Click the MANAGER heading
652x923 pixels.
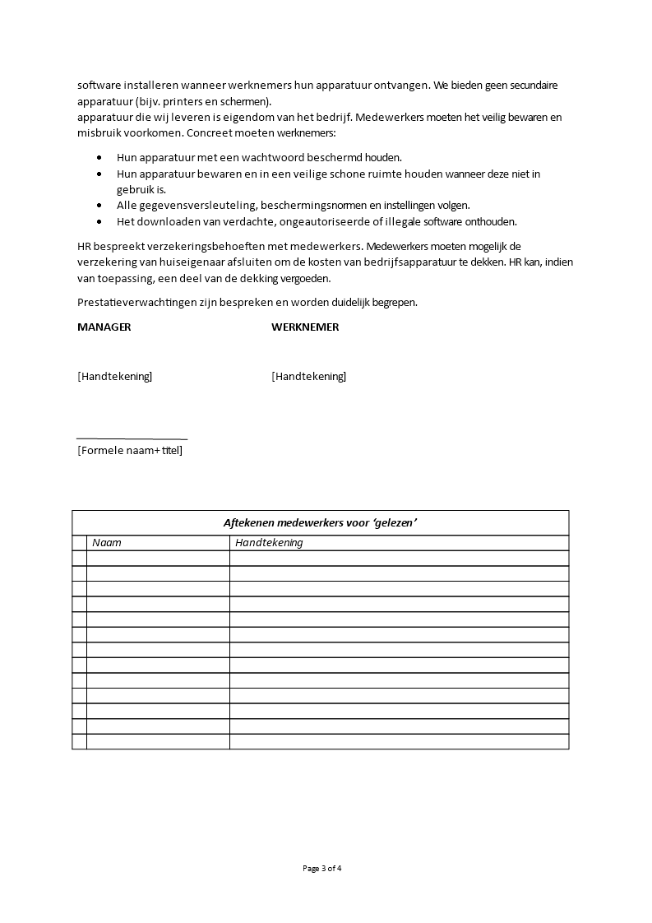tap(104, 327)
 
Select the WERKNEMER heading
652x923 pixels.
tap(305, 327)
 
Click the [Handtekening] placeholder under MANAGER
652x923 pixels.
tap(114, 376)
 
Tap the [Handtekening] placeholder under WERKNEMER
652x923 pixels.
tap(308, 376)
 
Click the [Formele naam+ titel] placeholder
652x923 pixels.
tap(130, 450)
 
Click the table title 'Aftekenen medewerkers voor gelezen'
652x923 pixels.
tap(320, 522)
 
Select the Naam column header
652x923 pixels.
tap(107, 542)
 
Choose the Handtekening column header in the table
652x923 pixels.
tap(269, 542)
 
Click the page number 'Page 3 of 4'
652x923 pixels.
tap(321, 868)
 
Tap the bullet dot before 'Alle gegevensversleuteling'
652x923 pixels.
tap(99, 206)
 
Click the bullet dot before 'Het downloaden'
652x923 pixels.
tap(99, 221)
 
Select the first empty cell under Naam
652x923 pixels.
tap(158, 558)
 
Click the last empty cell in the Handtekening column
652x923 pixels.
tap(399, 741)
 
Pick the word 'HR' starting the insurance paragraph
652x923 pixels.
tap(84, 246)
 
